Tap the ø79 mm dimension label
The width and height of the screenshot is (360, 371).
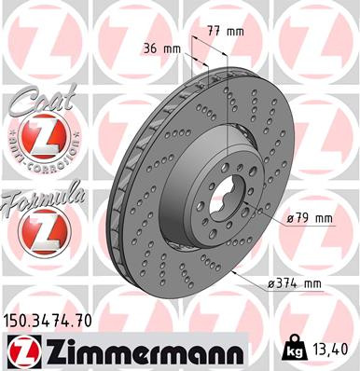pyautogui.click(x=311, y=219)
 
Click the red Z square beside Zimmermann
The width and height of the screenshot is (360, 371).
pyautogui.click(x=22, y=352)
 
